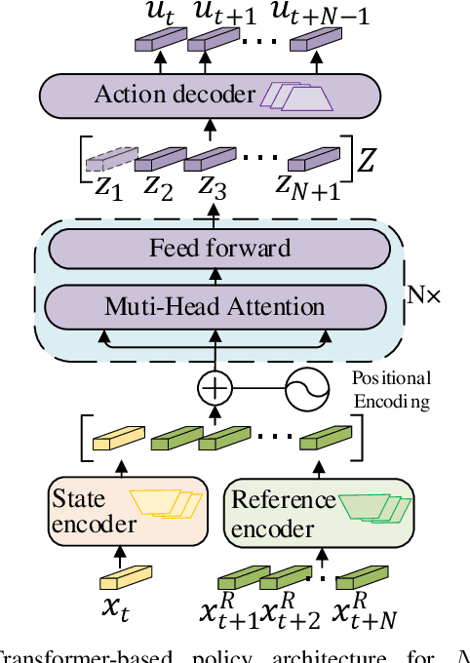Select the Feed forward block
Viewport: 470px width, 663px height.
pos(219,248)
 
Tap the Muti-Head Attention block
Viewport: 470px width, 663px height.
pos(215,307)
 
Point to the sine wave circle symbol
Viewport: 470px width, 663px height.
pos(303,391)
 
